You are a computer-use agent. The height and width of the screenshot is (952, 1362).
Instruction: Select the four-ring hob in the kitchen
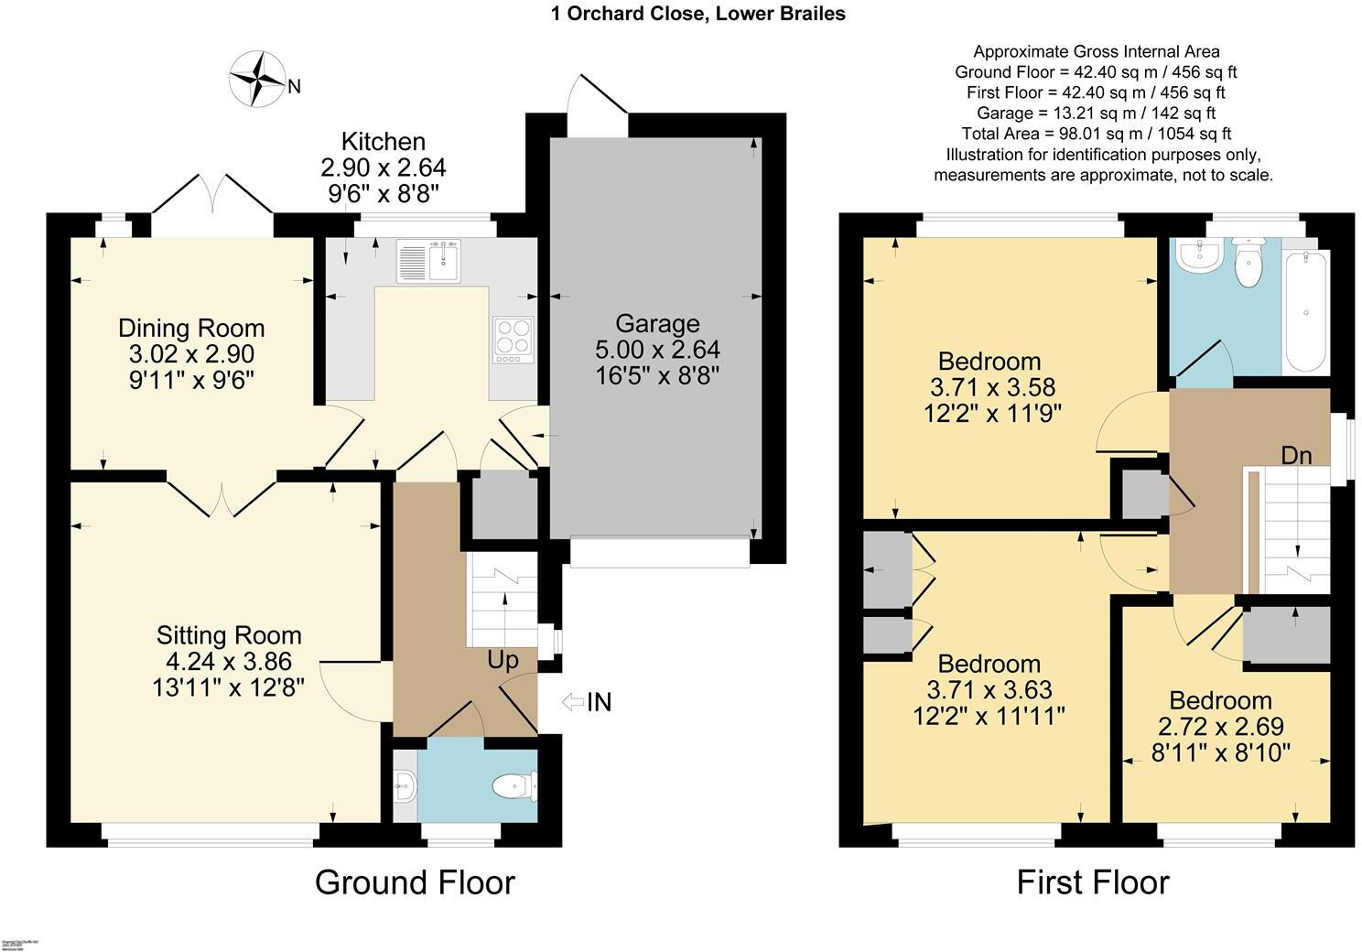[513, 340]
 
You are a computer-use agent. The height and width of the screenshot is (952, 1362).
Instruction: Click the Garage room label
[657, 323]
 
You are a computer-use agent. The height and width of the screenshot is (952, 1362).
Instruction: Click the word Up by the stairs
[503, 660]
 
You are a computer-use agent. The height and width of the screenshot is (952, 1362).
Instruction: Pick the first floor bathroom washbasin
[1199, 256]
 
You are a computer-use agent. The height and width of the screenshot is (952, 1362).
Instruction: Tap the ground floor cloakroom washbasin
[405, 784]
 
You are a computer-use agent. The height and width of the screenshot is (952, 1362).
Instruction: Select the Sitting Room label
[229, 635]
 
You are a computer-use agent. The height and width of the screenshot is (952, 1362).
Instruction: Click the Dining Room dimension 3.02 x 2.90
[191, 354]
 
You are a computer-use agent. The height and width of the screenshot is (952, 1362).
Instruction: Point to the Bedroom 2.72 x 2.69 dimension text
[1221, 727]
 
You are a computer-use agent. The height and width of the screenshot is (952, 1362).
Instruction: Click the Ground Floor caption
[415, 882]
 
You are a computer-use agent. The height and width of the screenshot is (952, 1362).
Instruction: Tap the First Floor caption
[1093, 882]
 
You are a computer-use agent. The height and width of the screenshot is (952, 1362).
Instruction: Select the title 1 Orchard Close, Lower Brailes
[697, 14]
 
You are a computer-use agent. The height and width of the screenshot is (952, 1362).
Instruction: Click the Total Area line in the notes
[1096, 134]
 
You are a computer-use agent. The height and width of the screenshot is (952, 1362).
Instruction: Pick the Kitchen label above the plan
[384, 142]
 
